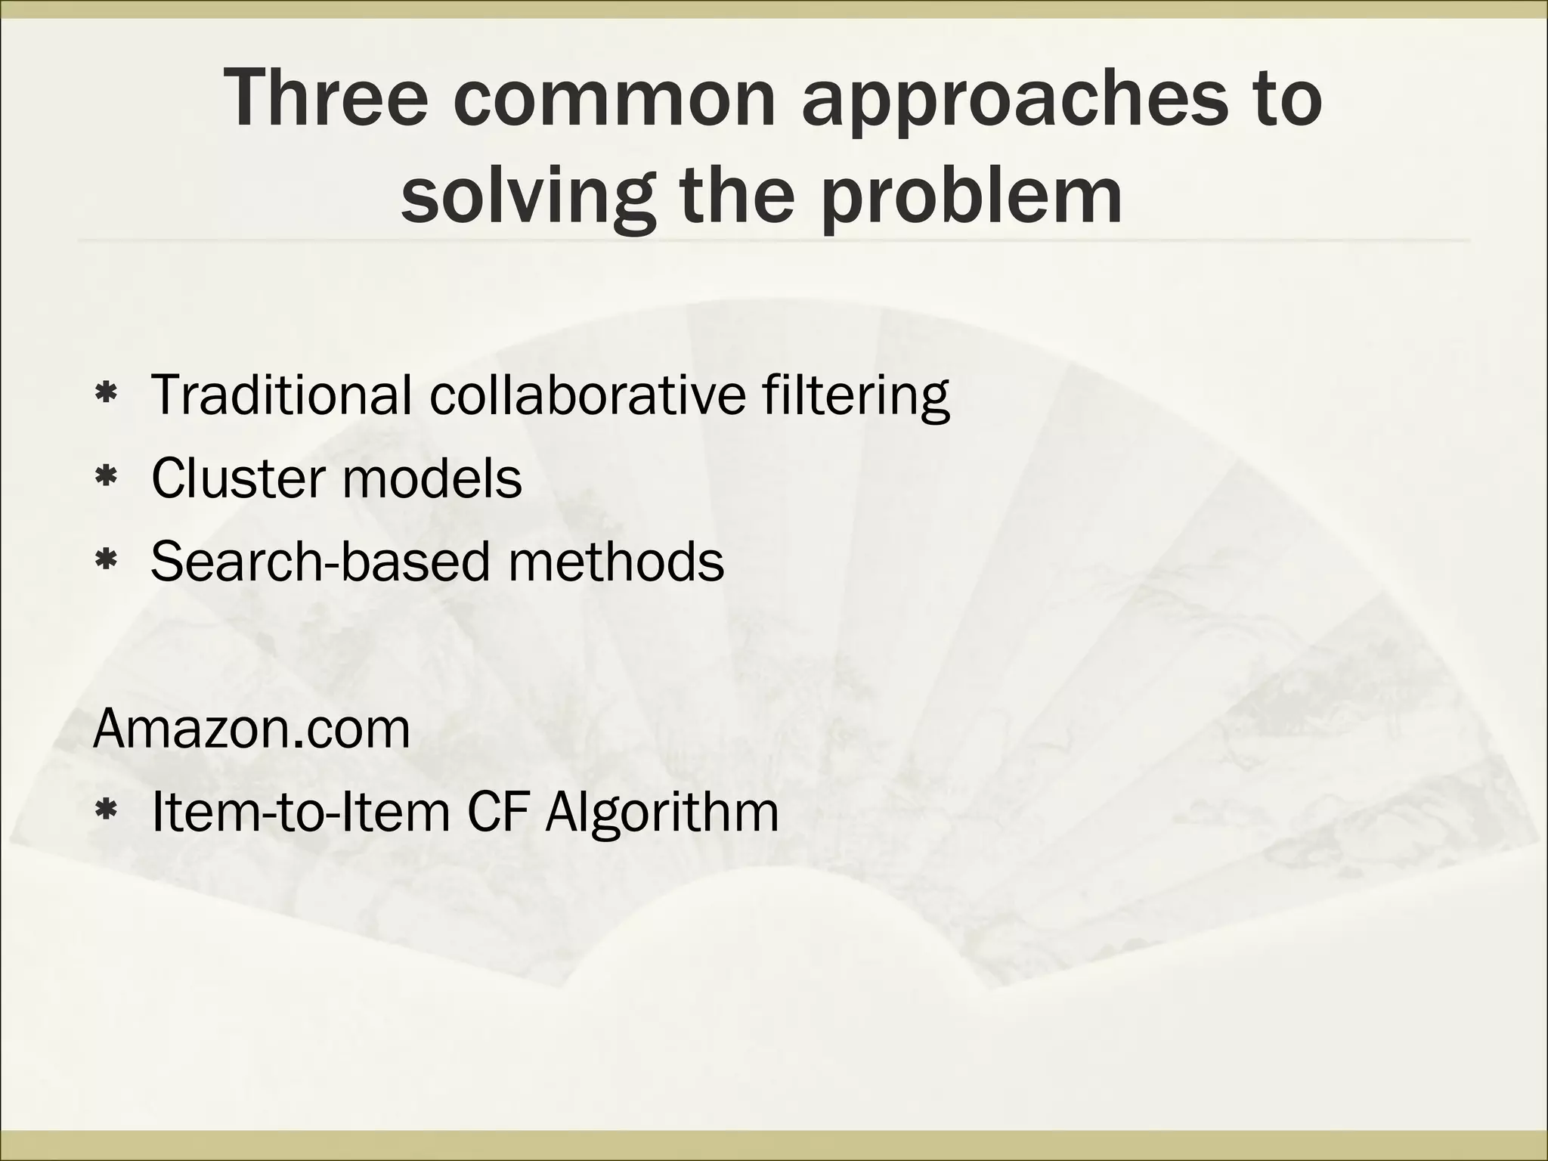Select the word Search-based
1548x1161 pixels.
[320, 561]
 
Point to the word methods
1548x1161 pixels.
[616, 561]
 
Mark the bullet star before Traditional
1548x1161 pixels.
[105, 394]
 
